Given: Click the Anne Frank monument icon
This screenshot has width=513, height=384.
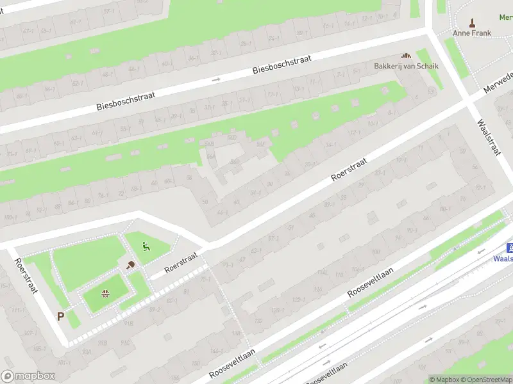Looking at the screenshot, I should click(x=473, y=23).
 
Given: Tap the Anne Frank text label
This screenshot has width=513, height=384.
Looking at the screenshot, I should click(x=473, y=33).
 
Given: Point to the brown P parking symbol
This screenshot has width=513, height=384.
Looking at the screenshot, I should click(x=61, y=316).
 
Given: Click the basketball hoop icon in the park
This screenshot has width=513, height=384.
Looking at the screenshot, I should click(x=105, y=294).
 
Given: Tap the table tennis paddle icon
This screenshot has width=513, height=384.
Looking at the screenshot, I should click(x=131, y=265).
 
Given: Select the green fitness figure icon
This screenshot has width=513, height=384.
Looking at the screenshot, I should click(x=146, y=246).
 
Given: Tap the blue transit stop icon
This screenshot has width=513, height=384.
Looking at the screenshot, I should click(x=510, y=248).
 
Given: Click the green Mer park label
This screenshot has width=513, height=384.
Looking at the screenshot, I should click(x=506, y=17).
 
